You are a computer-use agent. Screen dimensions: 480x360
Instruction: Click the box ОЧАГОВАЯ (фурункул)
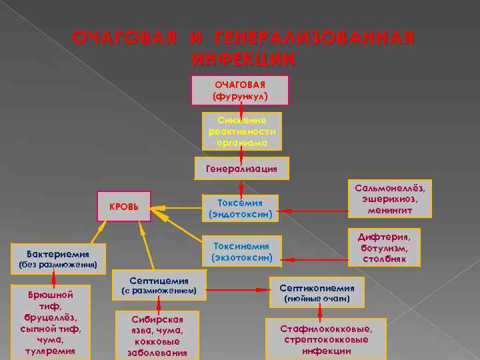[x=240, y=91]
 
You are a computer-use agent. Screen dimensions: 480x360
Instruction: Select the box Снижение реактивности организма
[x=241, y=131]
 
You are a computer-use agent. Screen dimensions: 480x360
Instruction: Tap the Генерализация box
[x=241, y=169]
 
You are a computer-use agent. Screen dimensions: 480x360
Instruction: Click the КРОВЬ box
[x=123, y=207]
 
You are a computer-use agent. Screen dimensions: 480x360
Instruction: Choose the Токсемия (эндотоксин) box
[x=240, y=209]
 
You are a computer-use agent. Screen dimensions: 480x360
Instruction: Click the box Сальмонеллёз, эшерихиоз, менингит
[x=390, y=199]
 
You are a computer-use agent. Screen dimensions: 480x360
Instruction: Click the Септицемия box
[x=158, y=285]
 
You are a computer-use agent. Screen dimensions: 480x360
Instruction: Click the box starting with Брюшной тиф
[x=53, y=322]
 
